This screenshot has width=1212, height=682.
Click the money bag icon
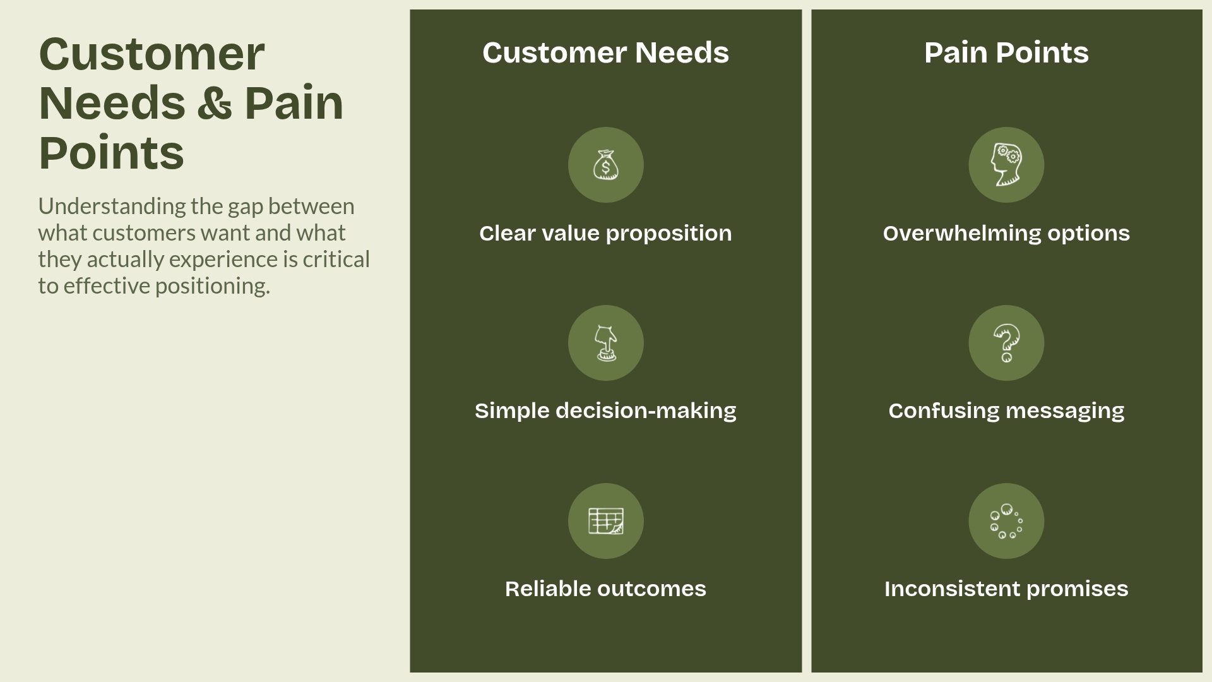point(605,165)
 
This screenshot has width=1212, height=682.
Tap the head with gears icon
point(1006,165)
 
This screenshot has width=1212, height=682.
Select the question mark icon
point(1006,343)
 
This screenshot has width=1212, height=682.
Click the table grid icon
point(605,521)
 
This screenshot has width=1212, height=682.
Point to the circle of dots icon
point(1006,521)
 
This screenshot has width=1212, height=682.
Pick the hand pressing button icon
point(605,343)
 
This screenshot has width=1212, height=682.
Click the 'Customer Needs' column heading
point(605,52)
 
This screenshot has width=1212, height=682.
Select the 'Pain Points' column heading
point(1006,52)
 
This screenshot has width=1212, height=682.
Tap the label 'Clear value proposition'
point(605,234)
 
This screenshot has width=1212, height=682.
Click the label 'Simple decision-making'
point(605,411)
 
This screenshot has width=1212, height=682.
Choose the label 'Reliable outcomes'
point(605,589)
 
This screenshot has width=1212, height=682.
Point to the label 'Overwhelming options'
point(1006,234)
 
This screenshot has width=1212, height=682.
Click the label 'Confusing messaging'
point(1006,411)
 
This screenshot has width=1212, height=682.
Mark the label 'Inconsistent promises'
point(1006,589)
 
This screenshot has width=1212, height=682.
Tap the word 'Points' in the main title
point(111,153)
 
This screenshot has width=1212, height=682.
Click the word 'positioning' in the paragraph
point(212,286)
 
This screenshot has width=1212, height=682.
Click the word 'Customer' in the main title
point(151,54)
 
